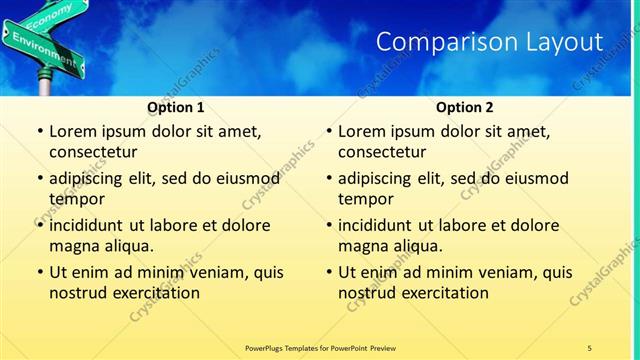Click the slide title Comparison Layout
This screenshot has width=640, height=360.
click(489, 42)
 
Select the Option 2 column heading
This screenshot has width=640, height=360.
click(464, 106)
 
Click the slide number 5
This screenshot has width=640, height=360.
click(590, 347)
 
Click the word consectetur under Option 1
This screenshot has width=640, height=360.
click(93, 152)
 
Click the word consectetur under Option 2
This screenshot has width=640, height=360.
click(383, 152)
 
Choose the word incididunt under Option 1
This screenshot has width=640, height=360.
click(93, 225)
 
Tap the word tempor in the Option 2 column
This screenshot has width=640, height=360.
click(366, 199)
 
